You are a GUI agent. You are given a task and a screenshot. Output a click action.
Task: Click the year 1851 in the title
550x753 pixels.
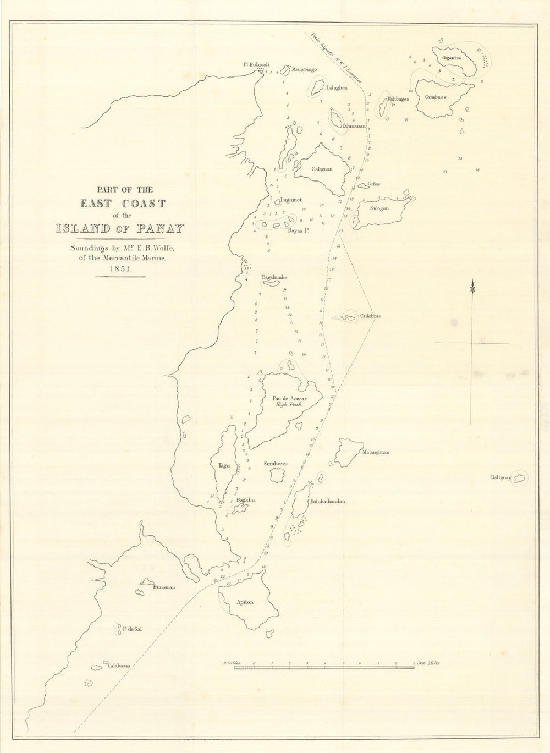(120, 269)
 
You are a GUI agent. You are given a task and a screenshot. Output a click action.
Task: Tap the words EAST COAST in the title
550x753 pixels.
(123, 204)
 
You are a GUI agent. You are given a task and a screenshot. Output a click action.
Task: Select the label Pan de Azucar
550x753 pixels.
(289, 398)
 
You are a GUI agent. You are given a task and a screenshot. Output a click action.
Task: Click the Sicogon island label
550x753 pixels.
(380, 209)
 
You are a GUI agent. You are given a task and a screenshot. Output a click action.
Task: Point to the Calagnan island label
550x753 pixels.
(322, 169)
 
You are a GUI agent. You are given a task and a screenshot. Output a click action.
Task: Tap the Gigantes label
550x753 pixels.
(449, 57)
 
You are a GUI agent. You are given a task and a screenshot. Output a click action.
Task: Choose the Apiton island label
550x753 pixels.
(245, 602)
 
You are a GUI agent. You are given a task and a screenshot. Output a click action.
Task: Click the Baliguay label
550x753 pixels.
(501, 478)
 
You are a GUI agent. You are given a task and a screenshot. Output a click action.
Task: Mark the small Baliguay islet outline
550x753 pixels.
(519, 478)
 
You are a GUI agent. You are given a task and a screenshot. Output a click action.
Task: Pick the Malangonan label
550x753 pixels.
(376, 452)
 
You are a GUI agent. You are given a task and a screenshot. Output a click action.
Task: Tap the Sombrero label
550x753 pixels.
(275, 464)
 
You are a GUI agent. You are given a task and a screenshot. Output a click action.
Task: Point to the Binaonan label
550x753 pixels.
(164, 587)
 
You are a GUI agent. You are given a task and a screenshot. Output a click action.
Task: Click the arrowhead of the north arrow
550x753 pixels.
(472, 287)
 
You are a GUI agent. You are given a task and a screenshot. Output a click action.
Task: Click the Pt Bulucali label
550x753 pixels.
(257, 64)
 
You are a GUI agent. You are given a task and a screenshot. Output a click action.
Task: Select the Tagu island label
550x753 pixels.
(224, 465)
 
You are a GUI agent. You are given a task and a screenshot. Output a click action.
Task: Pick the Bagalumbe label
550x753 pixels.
(274, 277)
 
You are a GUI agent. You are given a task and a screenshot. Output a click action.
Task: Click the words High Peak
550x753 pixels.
(289, 404)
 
